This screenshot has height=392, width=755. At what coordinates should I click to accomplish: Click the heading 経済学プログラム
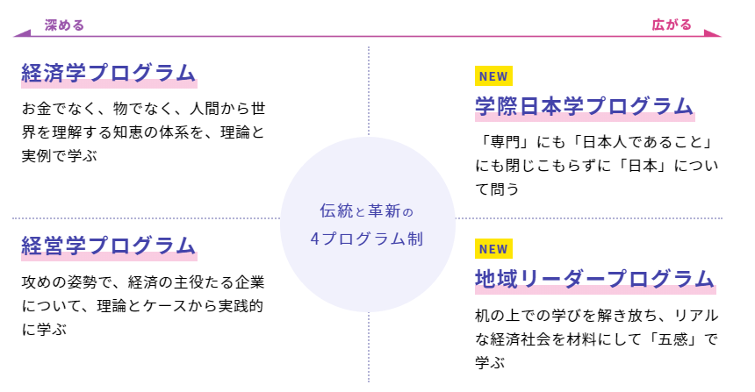(108, 74)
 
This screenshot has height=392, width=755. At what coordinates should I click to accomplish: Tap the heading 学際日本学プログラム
(584, 107)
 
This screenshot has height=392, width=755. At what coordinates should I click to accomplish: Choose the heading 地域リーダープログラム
(594, 280)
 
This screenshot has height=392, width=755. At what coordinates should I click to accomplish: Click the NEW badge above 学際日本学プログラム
(493, 76)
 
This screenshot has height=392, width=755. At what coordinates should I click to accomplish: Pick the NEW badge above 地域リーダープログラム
(493, 249)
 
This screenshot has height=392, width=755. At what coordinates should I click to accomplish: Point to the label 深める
(64, 25)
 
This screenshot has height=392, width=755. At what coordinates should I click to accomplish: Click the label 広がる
(672, 25)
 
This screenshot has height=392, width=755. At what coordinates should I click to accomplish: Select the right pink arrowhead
(712, 35)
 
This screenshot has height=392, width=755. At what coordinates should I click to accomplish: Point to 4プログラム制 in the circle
(367, 239)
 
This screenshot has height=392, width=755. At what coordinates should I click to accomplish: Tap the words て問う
(497, 188)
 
